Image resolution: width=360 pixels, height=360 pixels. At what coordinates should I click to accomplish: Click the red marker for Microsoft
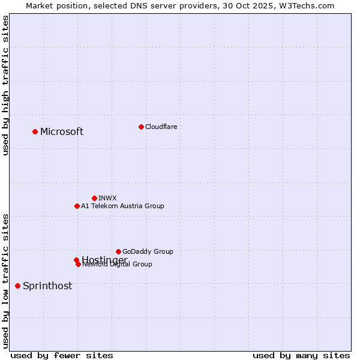[x=35, y=131]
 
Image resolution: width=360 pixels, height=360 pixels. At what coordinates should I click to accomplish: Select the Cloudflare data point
[x=141, y=127]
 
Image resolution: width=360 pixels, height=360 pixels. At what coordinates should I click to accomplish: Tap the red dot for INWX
[x=94, y=198]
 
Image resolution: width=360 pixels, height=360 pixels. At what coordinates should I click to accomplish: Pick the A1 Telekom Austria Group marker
[x=77, y=206]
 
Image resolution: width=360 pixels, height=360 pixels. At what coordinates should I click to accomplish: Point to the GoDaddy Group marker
[x=118, y=251]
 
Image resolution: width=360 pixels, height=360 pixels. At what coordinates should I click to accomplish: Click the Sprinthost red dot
[x=17, y=286]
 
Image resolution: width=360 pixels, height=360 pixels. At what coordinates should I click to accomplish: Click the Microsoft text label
[x=62, y=132]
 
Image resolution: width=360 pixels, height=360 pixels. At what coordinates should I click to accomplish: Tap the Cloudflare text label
[x=161, y=127]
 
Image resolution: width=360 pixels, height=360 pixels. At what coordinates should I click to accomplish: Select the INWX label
[x=107, y=198]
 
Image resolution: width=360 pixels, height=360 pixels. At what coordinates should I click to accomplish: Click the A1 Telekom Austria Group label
[x=122, y=206]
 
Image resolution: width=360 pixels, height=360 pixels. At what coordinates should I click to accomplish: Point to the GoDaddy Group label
[x=148, y=251]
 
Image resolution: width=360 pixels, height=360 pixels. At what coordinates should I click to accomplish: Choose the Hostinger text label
[x=104, y=259]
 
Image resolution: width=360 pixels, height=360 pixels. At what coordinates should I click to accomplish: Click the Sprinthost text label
[x=47, y=286]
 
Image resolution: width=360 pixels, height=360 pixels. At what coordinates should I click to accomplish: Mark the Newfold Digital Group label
[x=118, y=265]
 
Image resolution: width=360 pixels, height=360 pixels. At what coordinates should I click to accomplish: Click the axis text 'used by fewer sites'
[x=62, y=356]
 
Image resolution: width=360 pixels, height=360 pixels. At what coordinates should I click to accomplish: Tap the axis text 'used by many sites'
[x=301, y=356]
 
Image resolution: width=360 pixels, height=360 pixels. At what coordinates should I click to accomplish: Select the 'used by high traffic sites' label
[x=6, y=85]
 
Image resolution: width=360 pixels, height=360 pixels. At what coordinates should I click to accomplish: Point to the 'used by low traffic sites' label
[x=6, y=281]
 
